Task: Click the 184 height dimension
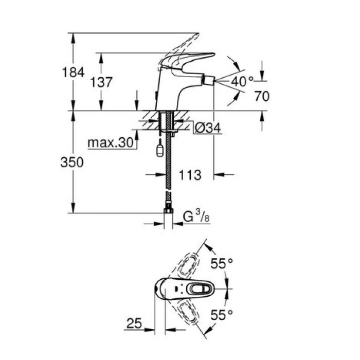pos(74,73)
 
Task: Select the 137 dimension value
pos(101,82)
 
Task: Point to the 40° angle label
pos(242,81)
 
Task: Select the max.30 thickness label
pos(110,141)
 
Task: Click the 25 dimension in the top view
pos(134,323)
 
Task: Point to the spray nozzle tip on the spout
pos(209,81)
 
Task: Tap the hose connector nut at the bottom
pos(168,210)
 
